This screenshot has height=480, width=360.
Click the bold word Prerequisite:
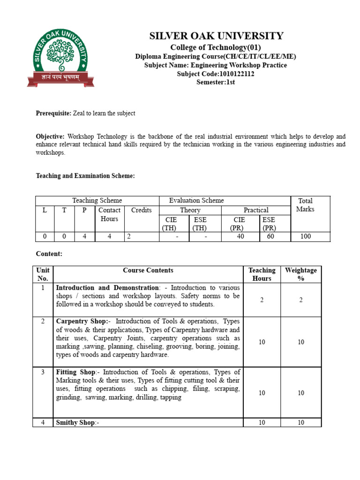pos(53,113)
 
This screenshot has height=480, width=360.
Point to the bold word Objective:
pos(50,136)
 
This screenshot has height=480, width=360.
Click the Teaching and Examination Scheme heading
pos(85,176)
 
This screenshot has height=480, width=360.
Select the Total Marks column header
pos(306,205)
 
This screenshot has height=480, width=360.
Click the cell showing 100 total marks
pos(306,237)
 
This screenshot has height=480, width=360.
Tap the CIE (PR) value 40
pos(240,237)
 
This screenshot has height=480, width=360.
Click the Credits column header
pos(141,210)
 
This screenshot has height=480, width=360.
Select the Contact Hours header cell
pos(109,214)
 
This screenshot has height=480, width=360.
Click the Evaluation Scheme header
pos(196,201)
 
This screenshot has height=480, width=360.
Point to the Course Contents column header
pos(148,270)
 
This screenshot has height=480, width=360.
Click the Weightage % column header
pos(300,274)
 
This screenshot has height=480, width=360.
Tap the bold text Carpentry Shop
pos(82,322)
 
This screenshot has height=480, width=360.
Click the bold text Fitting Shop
pos(75,372)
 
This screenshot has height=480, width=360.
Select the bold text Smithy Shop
pos(75,423)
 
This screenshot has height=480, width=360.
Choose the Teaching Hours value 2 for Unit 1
pos(262,300)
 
